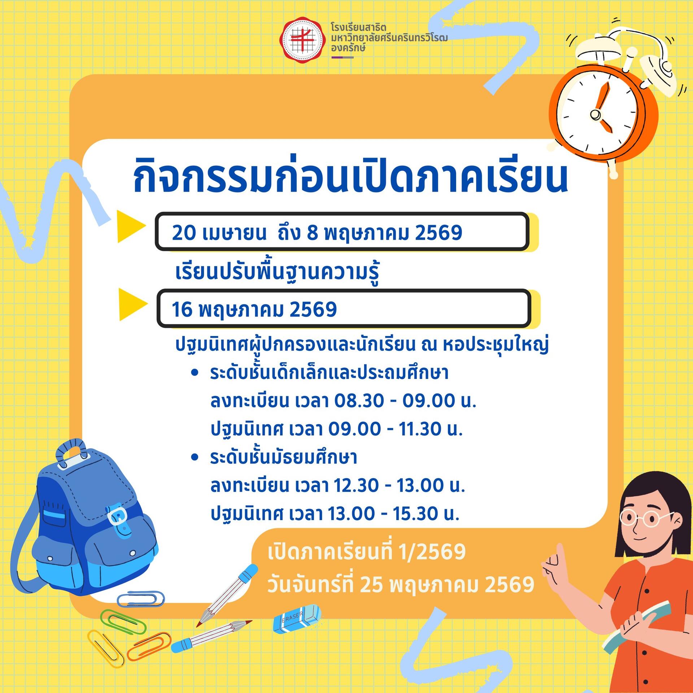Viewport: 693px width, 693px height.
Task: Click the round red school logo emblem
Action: tap(302, 40)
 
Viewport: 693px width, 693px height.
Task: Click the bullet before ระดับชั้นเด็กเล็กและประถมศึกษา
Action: tap(195, 372)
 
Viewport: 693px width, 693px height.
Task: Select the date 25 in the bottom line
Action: tap(371, 585)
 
